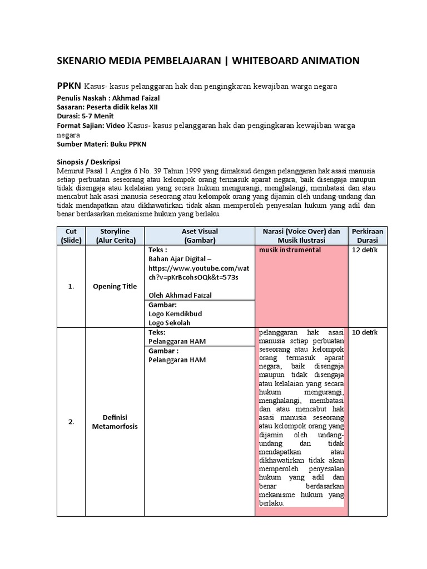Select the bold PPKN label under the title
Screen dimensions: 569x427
click(x=69, y=86)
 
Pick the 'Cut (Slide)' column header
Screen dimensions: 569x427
click(x=71, y=235)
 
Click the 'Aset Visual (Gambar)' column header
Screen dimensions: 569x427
click(x=199, y=235)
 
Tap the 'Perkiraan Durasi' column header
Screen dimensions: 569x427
click(x=368, y=235)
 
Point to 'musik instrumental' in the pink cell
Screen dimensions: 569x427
click(x=290, y=250)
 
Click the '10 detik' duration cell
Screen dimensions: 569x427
click(x=365, y=332)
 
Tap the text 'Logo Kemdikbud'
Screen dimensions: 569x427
click(x=175, y=313)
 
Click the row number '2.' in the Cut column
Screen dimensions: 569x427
click(x=71, y=421)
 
